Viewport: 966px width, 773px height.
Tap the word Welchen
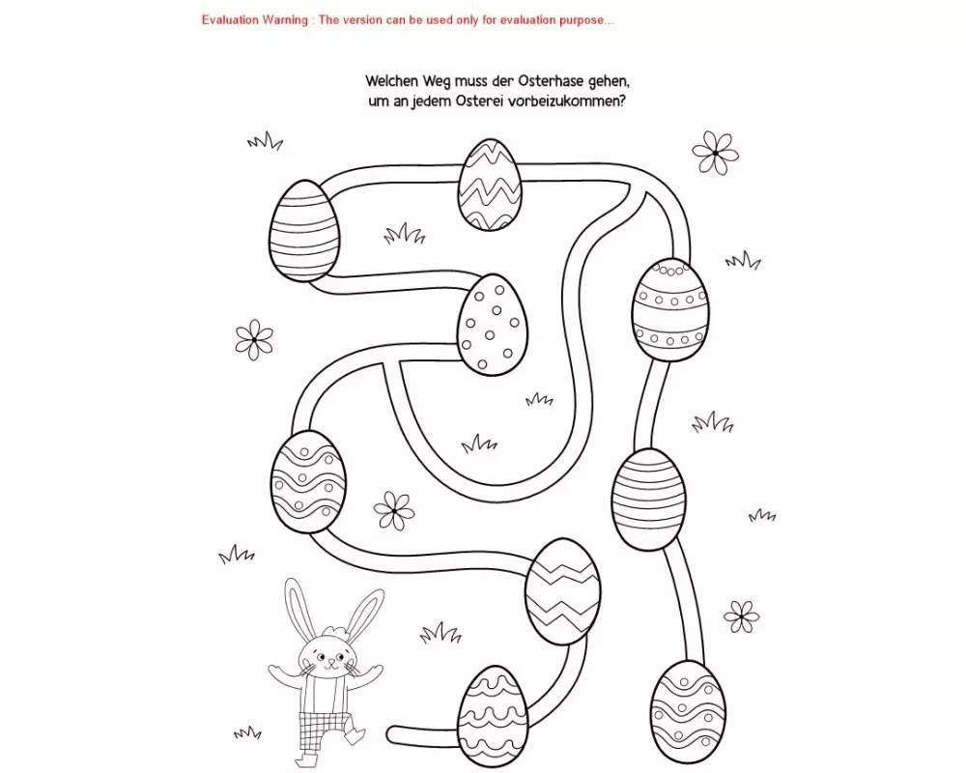396,82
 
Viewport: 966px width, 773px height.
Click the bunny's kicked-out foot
357,737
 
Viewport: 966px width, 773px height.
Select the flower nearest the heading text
715,153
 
